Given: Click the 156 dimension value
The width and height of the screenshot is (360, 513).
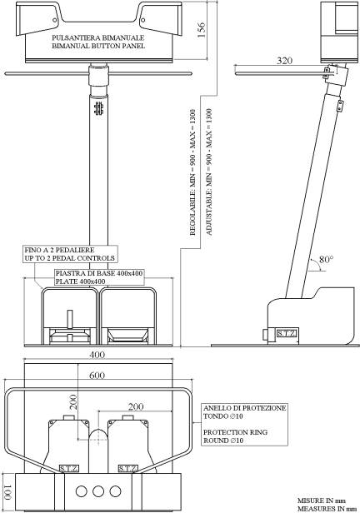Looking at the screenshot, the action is click(x=202, y=30).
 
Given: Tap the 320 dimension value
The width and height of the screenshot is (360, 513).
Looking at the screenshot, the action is click(x=285, y=61).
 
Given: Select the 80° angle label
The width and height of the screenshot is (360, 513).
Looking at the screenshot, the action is click(x=327, y=260).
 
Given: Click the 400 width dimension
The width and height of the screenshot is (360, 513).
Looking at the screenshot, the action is click(x=97, y=355).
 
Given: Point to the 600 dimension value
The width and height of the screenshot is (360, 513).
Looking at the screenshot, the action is click(x=97, y=376).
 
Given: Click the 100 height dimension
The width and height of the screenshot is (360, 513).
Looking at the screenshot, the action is click(x=7, y=492).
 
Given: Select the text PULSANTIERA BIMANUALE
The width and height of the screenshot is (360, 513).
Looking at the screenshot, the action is click(x=98, y=38).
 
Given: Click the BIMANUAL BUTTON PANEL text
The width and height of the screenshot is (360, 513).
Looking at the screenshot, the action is click(x=98, y=46).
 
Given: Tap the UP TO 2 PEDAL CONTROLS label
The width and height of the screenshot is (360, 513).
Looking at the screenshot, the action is click(x=70, y=258).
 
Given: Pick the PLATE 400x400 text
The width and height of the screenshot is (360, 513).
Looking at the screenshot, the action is click(x=80, y=281).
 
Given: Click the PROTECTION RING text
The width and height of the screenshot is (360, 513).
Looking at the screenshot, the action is click(x=235, y=432).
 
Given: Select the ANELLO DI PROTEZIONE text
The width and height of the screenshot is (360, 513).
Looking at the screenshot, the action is click(x=244, y=408).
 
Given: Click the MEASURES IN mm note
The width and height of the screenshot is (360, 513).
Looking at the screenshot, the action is click(x=327, y=509).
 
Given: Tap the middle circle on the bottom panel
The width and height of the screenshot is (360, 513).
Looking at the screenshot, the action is click(x=98, y=491).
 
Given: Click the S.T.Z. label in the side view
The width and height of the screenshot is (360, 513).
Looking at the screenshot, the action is click(x=287, y=334).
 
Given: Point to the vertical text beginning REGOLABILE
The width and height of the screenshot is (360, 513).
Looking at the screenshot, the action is click(x=192, y=172).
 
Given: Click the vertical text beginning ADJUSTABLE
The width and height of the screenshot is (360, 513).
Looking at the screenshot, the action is click(x=209, y=172).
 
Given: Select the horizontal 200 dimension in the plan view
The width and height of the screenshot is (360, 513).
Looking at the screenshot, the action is click(x=136, y=406).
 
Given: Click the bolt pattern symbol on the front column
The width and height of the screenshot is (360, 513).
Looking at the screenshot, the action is click(x=98, y=108).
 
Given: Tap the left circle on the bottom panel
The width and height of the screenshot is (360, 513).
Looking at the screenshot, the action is click(x=81, y=491).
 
